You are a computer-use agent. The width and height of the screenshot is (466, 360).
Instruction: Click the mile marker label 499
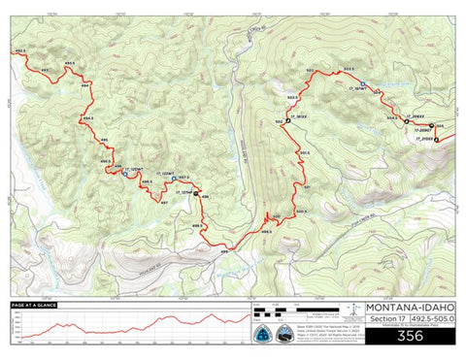pos(224,252)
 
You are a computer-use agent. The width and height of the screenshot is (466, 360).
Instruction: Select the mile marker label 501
pos(307,186)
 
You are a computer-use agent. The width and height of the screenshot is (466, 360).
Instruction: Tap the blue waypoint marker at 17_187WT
pos(363,85)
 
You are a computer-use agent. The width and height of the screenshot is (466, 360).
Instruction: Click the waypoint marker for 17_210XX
pos(436,140)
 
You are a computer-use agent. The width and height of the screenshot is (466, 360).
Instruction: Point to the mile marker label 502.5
pos(292,98)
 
